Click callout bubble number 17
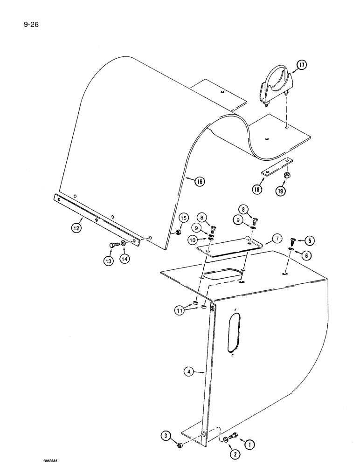click(x=302, y=65)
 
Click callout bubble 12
click(x=75, y=228)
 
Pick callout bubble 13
click(x=108, y=261)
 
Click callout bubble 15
click(x=183, y=218)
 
